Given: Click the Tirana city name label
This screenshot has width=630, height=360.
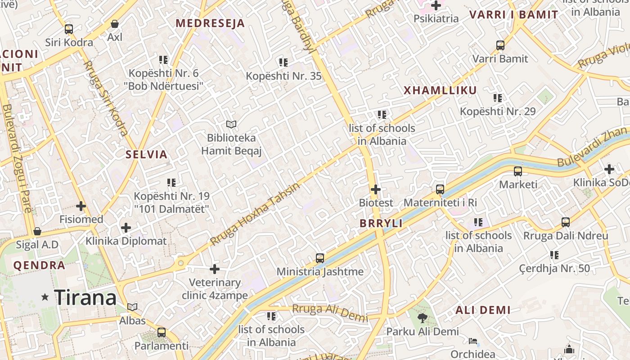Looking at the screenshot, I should click(85, 298).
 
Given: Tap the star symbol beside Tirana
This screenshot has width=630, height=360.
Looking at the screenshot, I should click(45, 297).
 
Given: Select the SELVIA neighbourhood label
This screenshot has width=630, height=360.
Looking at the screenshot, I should click(146, 155).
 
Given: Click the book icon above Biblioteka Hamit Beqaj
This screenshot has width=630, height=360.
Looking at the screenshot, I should click(231, 124).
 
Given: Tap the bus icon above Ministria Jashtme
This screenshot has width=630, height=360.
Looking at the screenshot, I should click(320, 258).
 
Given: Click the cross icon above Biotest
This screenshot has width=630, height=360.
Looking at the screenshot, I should click(376, 189).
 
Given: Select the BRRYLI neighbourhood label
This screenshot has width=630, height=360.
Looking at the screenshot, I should click(381, 223).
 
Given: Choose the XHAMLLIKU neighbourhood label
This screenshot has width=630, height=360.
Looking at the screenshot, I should click(440, 90).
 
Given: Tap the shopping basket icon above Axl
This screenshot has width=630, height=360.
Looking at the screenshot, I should click(115, 24).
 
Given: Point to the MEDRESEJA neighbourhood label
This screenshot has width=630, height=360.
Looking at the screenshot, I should click(210, 23).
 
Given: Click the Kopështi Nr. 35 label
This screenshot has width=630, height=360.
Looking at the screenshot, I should click(283, 76).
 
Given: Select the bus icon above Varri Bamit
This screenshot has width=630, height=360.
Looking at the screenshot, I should click(500, 45).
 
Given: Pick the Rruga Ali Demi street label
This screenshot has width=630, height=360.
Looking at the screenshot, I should click(329, 312).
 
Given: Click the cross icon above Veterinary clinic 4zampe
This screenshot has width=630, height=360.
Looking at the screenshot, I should click(215, 270).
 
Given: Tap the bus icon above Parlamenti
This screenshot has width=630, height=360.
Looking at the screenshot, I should click(162, 333).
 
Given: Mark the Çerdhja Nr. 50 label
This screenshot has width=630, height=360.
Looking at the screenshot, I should click(554, 269).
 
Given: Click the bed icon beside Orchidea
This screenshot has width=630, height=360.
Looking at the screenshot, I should click(472, 341).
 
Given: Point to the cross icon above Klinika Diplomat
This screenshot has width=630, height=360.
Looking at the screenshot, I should click(126, 228).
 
